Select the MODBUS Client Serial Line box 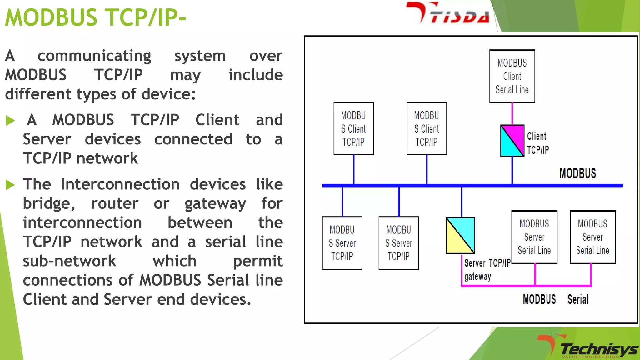coord(512,76)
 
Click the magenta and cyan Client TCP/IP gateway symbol coord(512,141)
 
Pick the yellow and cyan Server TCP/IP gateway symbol coord(460,236)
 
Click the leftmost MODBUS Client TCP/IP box coord(353,128)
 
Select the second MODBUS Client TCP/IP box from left coord(427,128)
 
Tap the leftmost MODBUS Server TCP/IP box coord(342,243)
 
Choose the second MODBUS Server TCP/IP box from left coord(398,243)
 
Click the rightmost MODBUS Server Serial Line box coord(592,237)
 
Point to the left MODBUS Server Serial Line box coord(534,237)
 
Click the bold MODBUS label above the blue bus coord(577,173)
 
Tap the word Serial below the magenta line coord(578,299)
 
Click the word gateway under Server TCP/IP coord(477,277)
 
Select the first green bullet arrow coord(10,121)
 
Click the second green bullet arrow coord(10,185)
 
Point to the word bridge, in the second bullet coord(49,204)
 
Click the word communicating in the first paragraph coord(94,56)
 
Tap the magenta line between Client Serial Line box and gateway coord(512,114)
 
